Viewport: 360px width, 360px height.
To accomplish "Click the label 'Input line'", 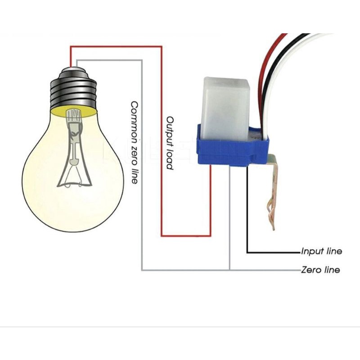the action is tap(321, 251).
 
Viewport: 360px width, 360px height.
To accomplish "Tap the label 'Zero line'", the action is tap(320, 270).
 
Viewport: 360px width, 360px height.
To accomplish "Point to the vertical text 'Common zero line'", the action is tap(134, 143).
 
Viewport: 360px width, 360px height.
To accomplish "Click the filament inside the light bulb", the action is tap(72, 148).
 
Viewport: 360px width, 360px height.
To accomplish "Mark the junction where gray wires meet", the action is tap(229, 270).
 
